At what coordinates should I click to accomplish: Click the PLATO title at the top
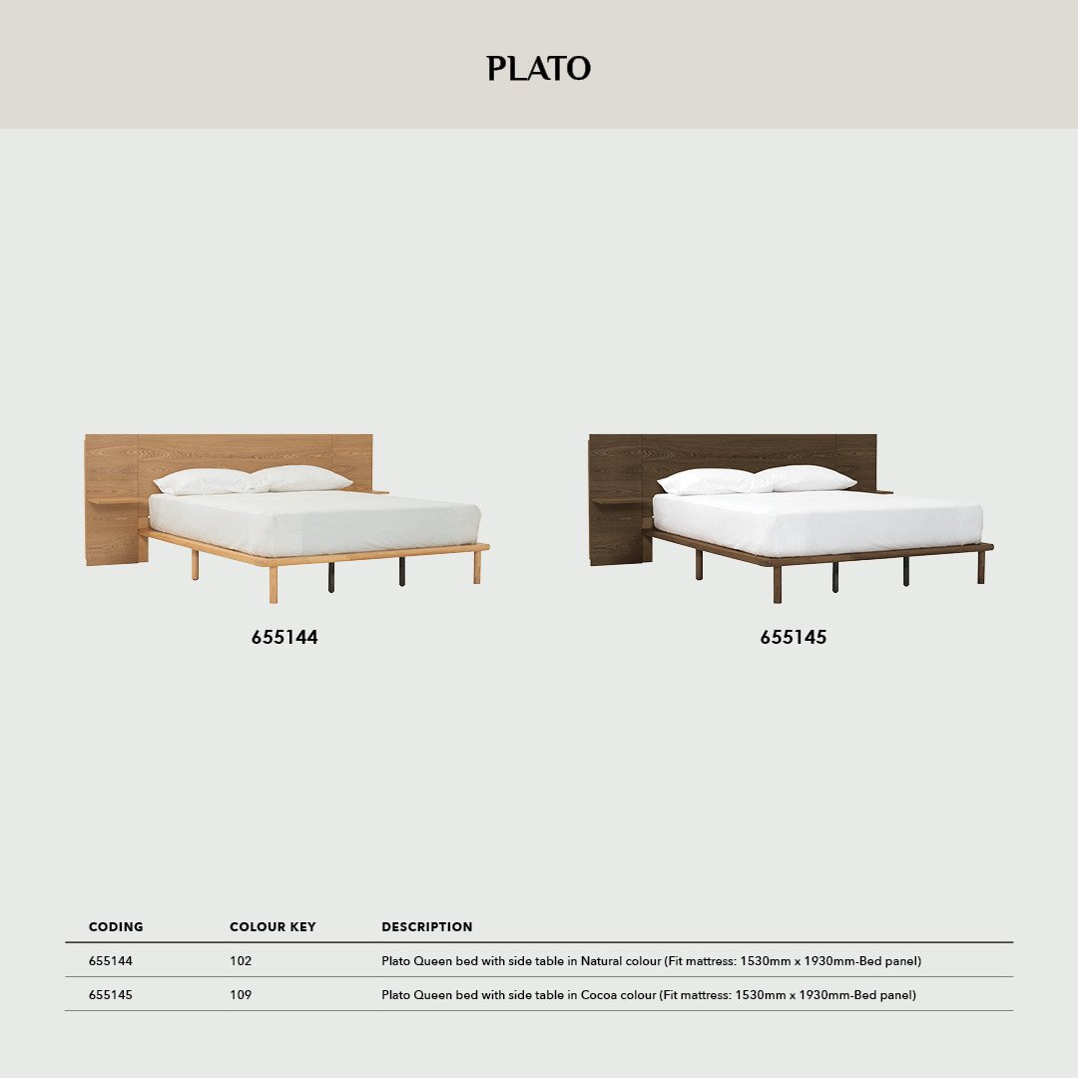tap(539, 68)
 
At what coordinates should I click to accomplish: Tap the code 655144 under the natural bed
tap(284, 637)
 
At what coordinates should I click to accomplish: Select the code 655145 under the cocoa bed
tap(794, 637)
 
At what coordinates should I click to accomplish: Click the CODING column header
tap(116, 927)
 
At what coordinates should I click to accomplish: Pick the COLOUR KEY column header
tap(272, 927)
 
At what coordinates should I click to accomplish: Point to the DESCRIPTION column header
tap(427, 927)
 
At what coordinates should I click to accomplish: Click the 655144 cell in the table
tap(111, 961)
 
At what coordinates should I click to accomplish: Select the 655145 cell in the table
tap(111, 995)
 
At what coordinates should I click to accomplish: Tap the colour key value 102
tap(241, 961)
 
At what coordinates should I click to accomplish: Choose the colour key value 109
tap(241, 995)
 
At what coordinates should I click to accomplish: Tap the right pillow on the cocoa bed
tap(807, 478)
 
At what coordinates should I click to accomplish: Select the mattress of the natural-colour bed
tap(314, 524)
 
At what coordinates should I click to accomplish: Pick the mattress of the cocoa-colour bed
tap(818, 524)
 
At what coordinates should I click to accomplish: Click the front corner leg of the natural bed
tap(273, 584)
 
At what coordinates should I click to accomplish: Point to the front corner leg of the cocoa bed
tap(778, 584)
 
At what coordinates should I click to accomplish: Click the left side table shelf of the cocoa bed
tap(620, 500)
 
